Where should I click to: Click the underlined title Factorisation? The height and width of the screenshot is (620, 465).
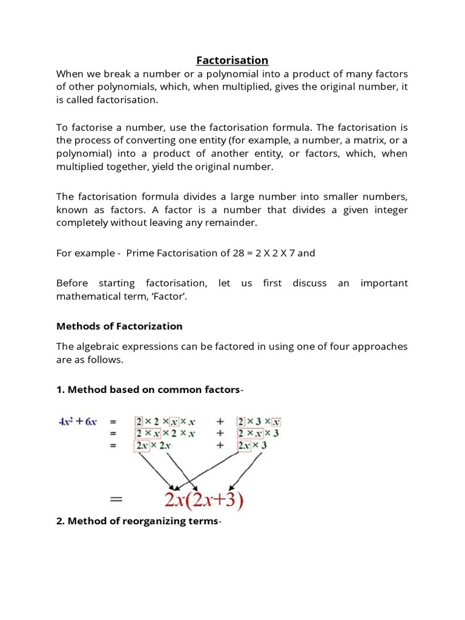(x=232, y=60)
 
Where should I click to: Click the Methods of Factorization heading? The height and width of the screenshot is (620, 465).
(x=119, y=326)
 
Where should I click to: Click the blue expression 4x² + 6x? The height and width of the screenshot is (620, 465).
(x=77, y=422)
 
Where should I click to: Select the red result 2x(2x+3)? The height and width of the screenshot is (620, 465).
(x=198, y=500)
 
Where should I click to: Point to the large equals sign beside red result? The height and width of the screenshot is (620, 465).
(x=116, y=501)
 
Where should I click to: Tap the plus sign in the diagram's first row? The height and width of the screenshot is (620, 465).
(x=220, y=422)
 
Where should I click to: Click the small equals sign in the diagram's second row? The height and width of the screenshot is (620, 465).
(x=111, y=434)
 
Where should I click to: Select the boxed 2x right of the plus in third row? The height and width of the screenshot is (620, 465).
(x=245, y=445)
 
